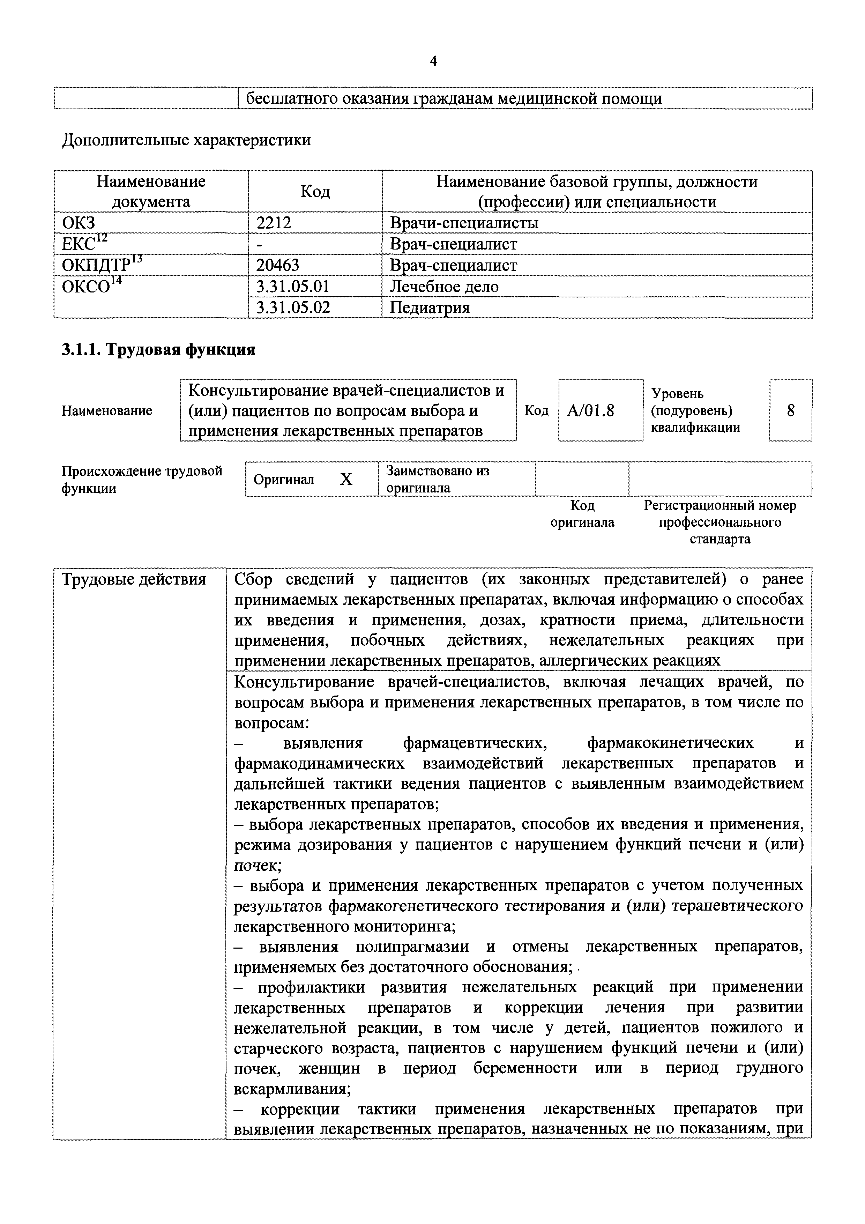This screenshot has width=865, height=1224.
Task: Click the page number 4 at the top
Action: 433,62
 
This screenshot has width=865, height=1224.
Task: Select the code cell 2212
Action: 274,223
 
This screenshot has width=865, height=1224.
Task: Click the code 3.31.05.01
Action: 293,286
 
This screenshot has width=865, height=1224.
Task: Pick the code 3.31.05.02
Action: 293,307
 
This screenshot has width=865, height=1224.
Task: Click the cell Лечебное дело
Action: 444,286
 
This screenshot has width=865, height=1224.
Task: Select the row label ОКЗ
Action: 79,223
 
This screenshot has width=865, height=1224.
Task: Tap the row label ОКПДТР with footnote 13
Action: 101,265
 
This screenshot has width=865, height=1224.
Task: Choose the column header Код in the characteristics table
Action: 315,191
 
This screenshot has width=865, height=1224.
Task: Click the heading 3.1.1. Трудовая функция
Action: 158,350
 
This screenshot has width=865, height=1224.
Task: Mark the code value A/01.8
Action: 590,410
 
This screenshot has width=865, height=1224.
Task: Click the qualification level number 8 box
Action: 790,410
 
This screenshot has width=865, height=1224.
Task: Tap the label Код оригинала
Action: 582,513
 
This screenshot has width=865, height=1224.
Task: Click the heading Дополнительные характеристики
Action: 187,140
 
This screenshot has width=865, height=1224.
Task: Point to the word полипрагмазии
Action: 412,947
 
